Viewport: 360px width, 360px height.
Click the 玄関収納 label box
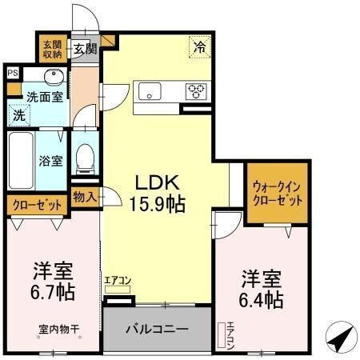52,49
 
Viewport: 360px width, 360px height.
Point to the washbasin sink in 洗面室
53,78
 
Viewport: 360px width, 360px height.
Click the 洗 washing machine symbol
19,114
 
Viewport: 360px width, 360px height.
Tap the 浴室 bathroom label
51,160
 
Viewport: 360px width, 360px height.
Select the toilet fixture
84,156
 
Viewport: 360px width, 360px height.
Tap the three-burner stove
197,90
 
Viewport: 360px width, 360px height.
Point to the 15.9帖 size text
157,203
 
